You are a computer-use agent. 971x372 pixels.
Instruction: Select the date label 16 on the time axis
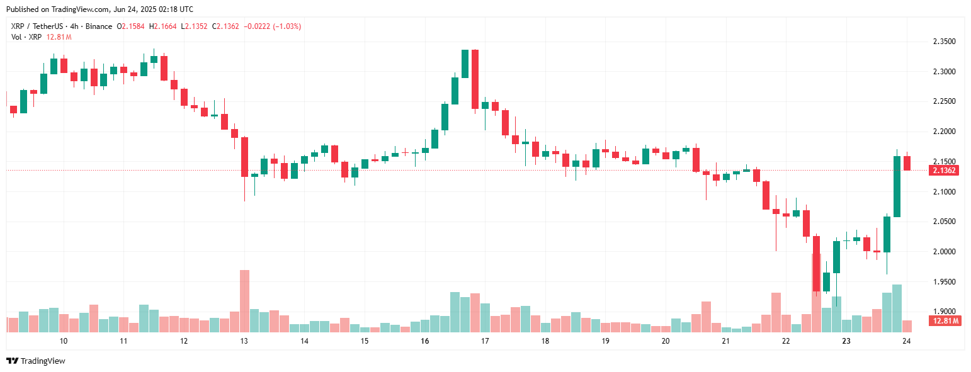coord(425,341)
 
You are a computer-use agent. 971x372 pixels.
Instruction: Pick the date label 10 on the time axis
coord(64,341)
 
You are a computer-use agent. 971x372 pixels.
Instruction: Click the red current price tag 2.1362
coord(944,171)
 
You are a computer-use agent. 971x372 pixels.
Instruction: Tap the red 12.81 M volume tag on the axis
coord(944,321)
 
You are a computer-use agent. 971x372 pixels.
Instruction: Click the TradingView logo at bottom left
coord(36,361)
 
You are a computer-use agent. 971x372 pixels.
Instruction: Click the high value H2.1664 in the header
coord(162,26)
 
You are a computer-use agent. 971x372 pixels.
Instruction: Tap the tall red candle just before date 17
coord(475,79)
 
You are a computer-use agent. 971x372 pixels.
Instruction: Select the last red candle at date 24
coord(907,163)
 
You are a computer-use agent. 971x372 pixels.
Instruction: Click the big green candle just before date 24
coord(897,186)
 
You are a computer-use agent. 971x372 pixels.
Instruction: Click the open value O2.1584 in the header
coord(130,26)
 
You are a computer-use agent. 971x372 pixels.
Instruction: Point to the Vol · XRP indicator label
coord(25,37)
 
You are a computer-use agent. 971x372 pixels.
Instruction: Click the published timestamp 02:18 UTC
coord(176,9)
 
